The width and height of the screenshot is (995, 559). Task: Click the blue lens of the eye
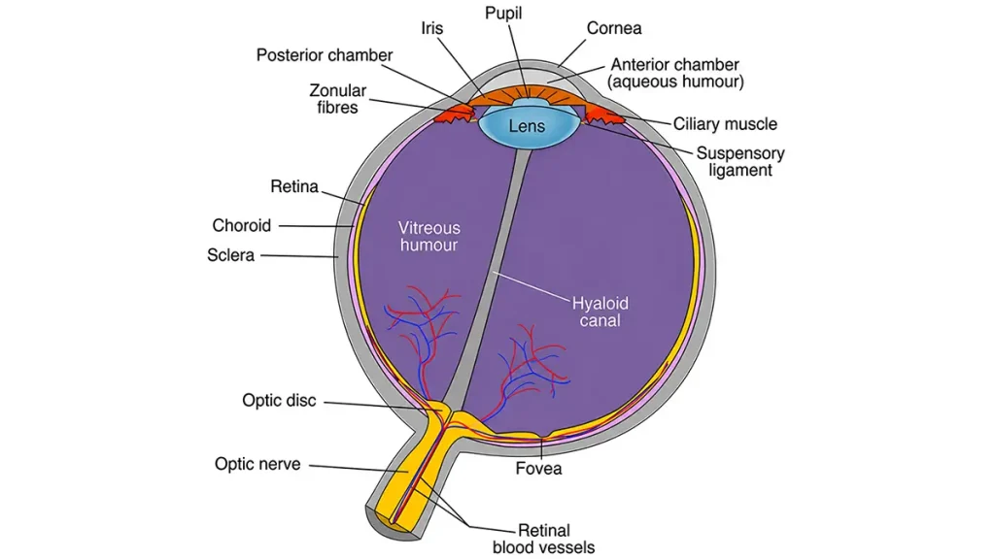[x=527, y=125]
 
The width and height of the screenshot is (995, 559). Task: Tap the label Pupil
[x=503, y=14]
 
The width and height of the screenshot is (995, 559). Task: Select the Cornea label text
[x=614, y=28]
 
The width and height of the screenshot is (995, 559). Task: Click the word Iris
[x=432, y=28]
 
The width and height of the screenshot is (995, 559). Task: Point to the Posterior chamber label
[x=325, y=55]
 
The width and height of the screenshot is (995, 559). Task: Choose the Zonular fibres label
[x=337, y=99]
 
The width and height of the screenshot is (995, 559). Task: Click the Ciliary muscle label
[x=725, y=124]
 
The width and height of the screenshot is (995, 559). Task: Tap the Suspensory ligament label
[x=740, y=162]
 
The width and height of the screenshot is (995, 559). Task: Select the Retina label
[x=293, y=186]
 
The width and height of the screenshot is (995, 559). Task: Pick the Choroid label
[x=241, y=225]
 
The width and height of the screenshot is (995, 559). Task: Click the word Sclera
[x=230, y=255]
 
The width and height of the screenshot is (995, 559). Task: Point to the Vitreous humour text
[x=429, y=237]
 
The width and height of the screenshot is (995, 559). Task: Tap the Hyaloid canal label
[x=600, y=312]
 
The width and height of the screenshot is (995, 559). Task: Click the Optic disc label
[x=279, y=401]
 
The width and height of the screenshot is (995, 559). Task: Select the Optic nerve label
[x=257, y=464]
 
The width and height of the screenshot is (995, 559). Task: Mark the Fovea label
[x=538, y=469]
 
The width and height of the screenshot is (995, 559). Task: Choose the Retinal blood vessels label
[x=544, y=539]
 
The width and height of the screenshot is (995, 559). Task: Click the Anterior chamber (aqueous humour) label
[x=675, y=73]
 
